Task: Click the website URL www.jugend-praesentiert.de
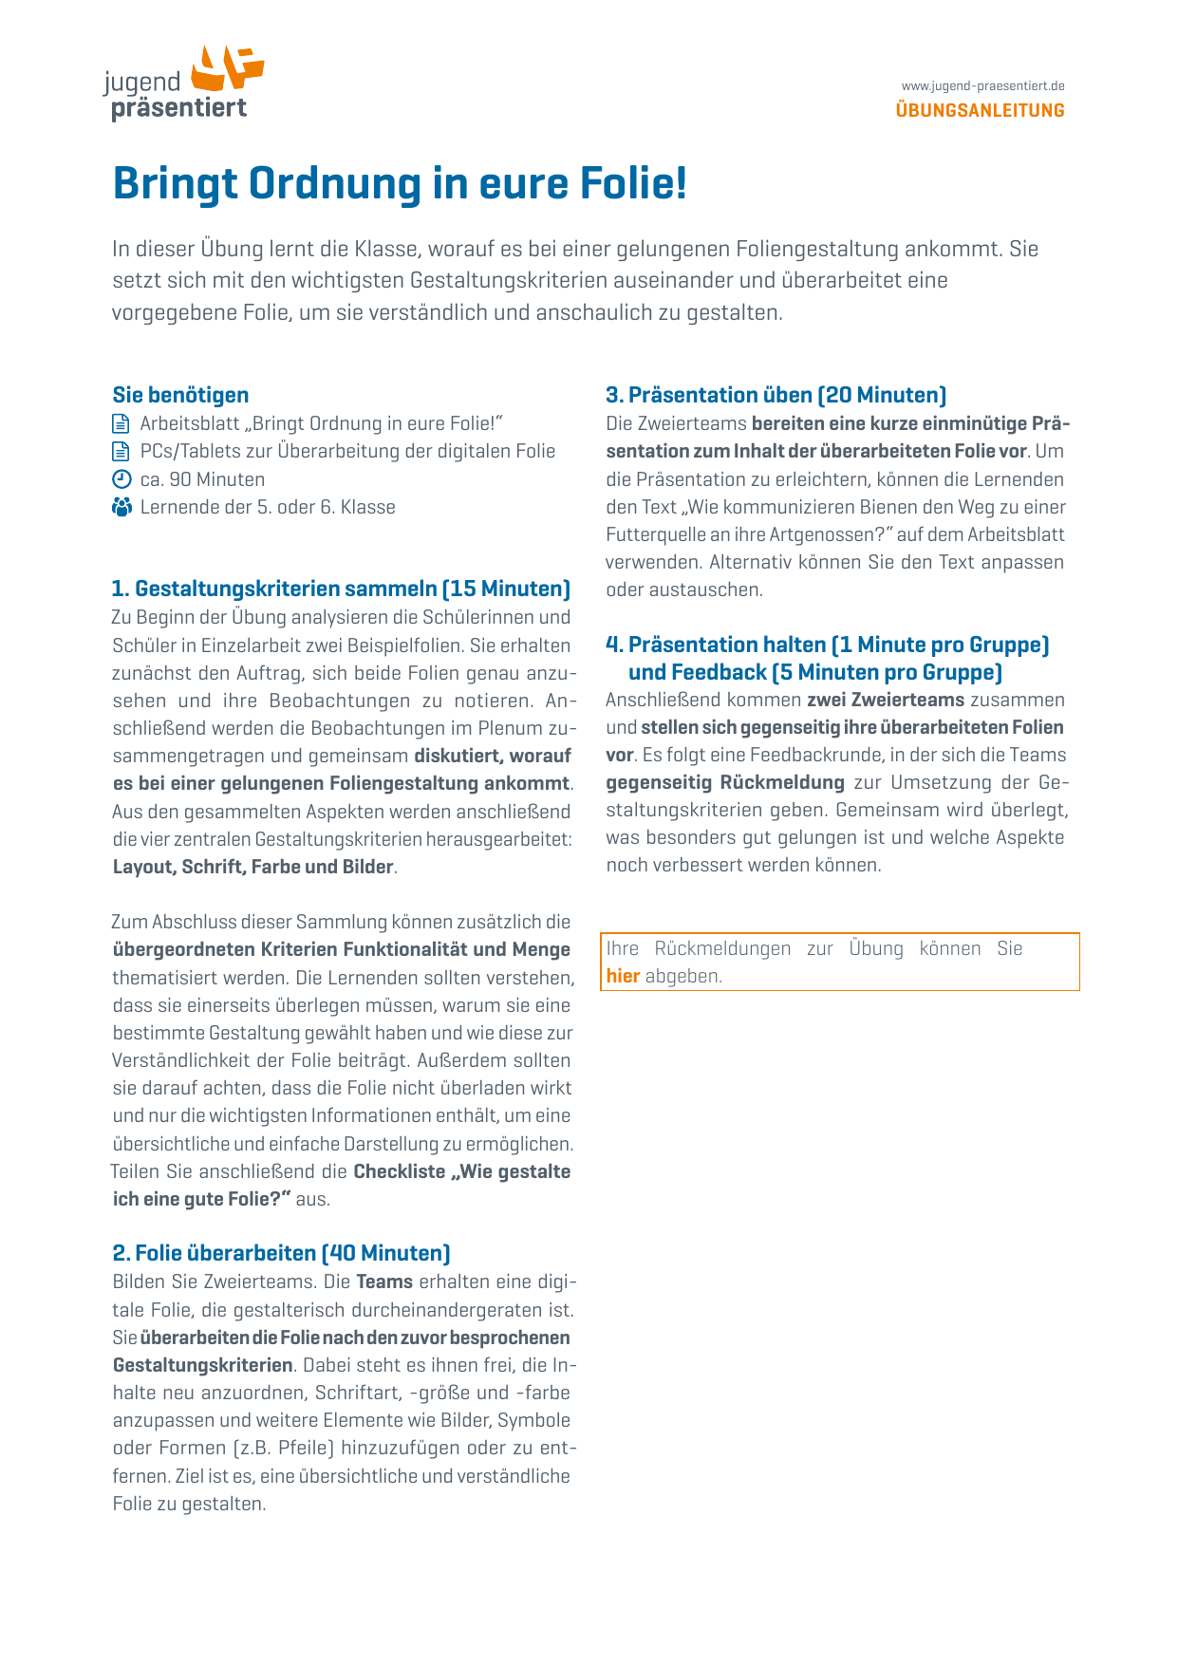point(982,86)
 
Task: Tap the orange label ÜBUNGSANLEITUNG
point(980,110)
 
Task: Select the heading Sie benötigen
point(180,395)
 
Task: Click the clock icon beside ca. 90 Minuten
point(122,479)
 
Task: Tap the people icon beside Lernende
point(122,507)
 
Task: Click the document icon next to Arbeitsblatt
point(122,423)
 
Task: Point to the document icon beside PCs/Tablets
point(122,451)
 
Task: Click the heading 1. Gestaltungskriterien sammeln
point(341,589)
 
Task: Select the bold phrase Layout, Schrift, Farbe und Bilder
point(252,867)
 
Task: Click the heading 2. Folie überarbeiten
point(214,1253)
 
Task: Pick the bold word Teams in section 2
point(384,1281)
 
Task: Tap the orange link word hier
point(623,976)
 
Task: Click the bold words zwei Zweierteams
point(886,700)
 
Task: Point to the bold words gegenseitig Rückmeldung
point(725,782)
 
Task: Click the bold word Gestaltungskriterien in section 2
point(202,1365)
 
